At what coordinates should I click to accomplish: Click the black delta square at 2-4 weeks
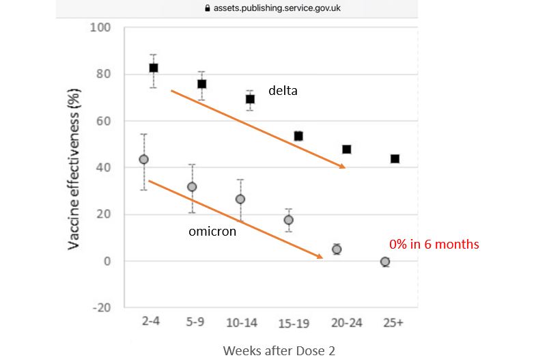154,68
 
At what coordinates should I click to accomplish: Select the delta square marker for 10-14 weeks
250,99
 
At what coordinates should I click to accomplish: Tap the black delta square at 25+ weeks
395,158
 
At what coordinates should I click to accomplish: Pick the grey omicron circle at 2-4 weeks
143,159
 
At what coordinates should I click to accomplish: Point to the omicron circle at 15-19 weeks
288,220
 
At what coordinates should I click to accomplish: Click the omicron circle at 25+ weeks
385,262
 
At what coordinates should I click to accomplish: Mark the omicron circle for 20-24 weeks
337,249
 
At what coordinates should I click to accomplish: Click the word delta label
283,89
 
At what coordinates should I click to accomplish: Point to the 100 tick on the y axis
101,28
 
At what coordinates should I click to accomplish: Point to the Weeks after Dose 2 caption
279,350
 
